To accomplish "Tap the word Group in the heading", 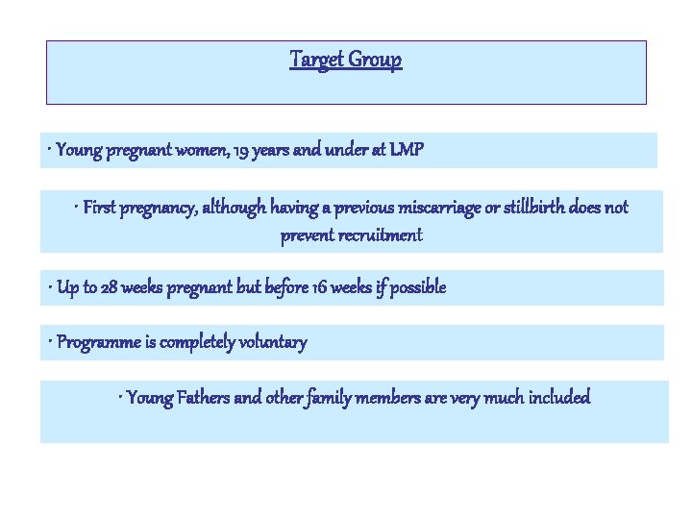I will pyautogui.click(x=376, y=60).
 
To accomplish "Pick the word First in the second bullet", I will pyautogui.click(x=100, y=208).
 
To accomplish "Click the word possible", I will pyautogui.click(x=415, y=287).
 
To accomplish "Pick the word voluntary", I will pyautogui.click(x=271, y=343).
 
